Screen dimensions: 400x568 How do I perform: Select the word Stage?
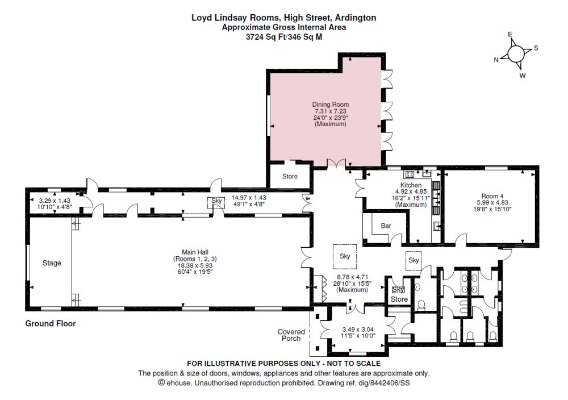(52, 263)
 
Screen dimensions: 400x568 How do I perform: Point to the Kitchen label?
(411, 186)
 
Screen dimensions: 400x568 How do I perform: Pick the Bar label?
(386, 226)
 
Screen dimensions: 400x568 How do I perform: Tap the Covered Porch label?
(291, 335)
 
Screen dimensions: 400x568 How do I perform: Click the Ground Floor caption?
(50, 324)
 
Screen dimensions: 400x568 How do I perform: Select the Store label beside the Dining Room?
(290, 177)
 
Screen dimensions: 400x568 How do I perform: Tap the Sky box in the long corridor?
(216, 201)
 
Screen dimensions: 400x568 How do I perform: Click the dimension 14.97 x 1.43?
(249, 198)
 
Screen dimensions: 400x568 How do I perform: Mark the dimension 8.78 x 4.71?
(349, 278)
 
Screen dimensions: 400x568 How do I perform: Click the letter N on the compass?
(496, 60)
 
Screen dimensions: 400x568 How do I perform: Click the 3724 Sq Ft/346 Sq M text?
(283, 36)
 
